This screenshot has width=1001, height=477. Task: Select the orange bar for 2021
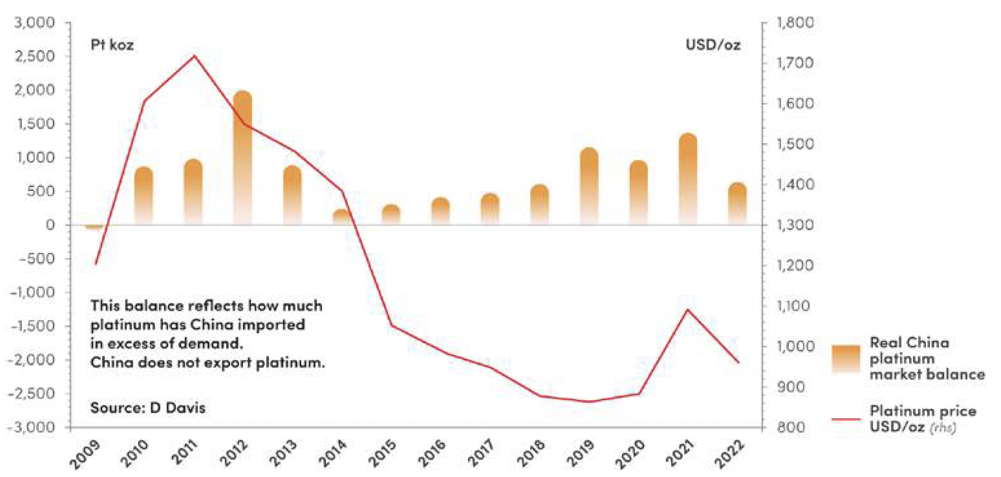tap(688, 179)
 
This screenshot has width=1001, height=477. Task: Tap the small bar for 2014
tap(342, 217)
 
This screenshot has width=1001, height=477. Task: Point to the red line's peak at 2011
tap(194, 56)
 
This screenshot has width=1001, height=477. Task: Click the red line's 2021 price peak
tap(688, 310)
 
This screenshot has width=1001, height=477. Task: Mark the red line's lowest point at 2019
tap(590, 401)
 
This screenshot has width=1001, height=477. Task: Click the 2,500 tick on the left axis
tap(35, 57)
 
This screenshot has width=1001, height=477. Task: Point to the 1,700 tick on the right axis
tap(795, 63)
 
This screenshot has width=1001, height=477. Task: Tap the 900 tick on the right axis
tap(791, 387)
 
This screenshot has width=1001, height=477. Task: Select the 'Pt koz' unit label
tap(112, 45)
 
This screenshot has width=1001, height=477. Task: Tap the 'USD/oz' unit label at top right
tap(713, 45)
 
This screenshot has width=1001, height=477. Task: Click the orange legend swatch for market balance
tap(846, 358)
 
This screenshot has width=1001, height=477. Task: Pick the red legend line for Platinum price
tap(846, 419)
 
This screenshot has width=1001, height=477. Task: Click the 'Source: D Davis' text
tap(148, 408)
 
